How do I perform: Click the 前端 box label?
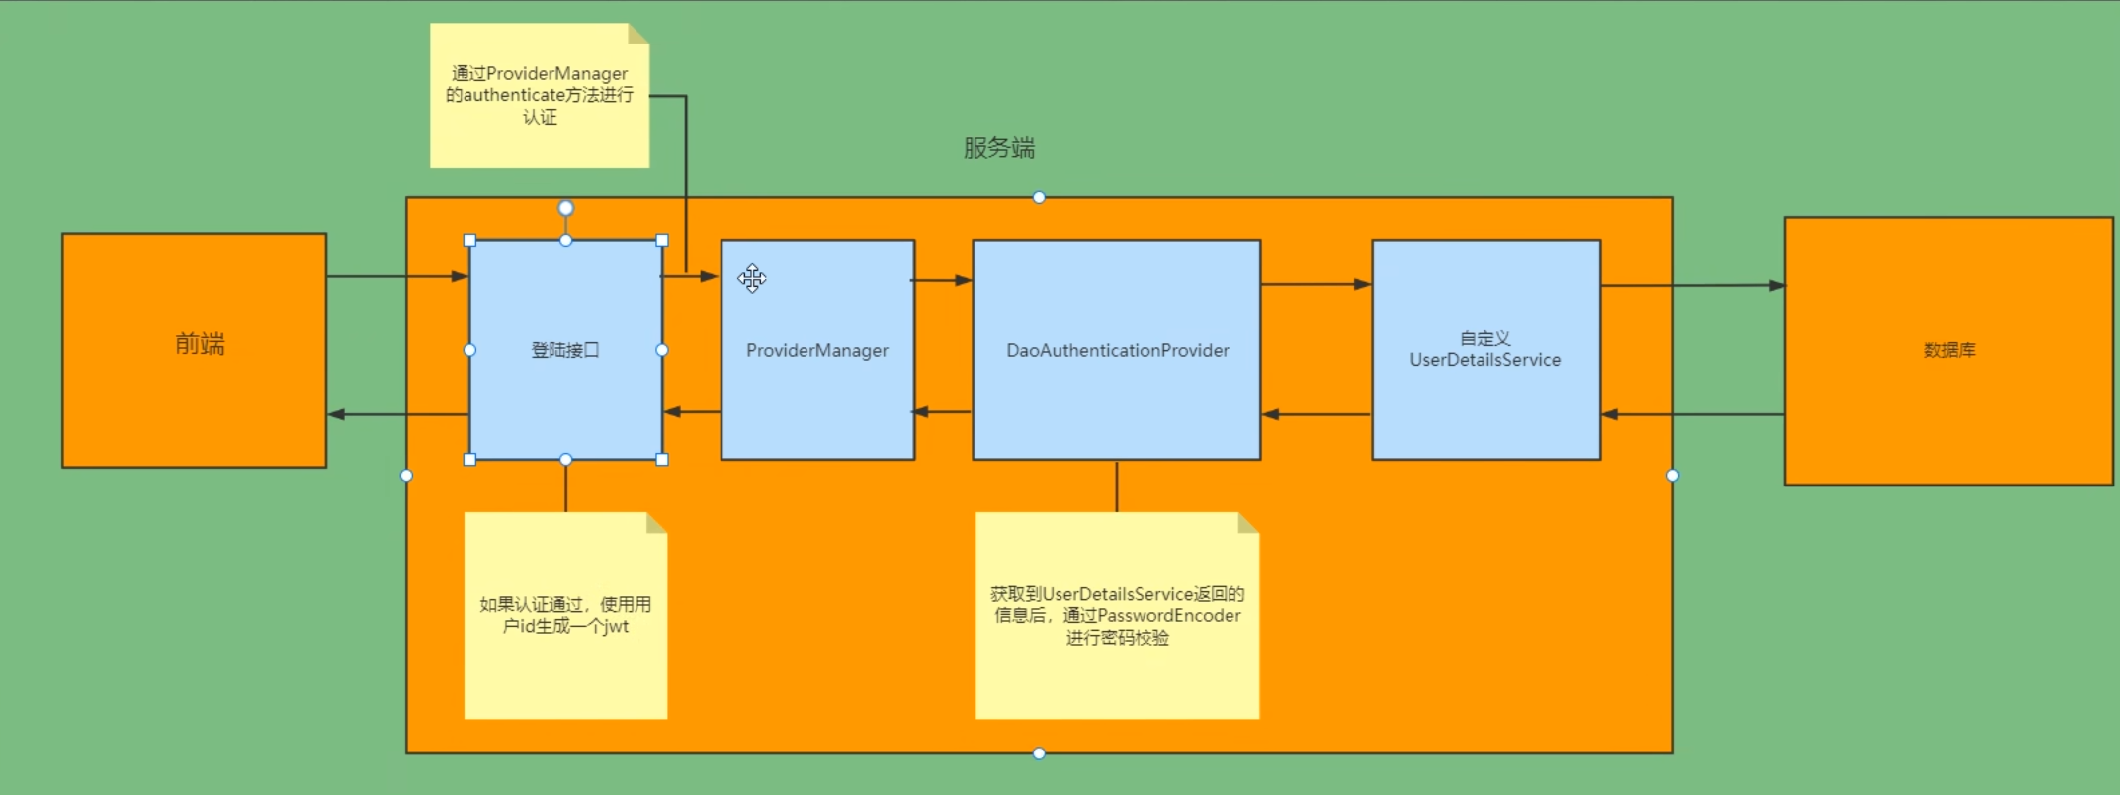coord(200,344)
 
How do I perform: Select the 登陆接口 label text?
coord(565,350)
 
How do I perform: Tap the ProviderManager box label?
coord(816,350)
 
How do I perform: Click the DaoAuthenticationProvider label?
coord(1117,350)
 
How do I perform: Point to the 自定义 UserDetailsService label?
coord(1484,349)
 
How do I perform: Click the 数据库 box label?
coord(1949,350)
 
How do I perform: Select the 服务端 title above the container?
coord(999,148)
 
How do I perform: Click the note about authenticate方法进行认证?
coord(540,95)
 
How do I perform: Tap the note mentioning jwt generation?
coord(565,615)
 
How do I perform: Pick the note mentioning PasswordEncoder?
coord(1117,615)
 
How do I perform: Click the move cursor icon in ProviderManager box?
coord(752,279)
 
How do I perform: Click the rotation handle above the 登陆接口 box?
coord(565,208)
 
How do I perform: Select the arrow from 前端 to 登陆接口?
coord(395,276)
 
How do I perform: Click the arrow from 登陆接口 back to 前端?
coord(395,414)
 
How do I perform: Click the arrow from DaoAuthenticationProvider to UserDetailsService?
coord(1315,284)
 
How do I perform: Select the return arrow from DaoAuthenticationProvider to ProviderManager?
coord(943,411)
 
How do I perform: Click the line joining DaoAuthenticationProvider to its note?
coord(1117,486)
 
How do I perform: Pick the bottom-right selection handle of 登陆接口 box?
coord(662,460)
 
